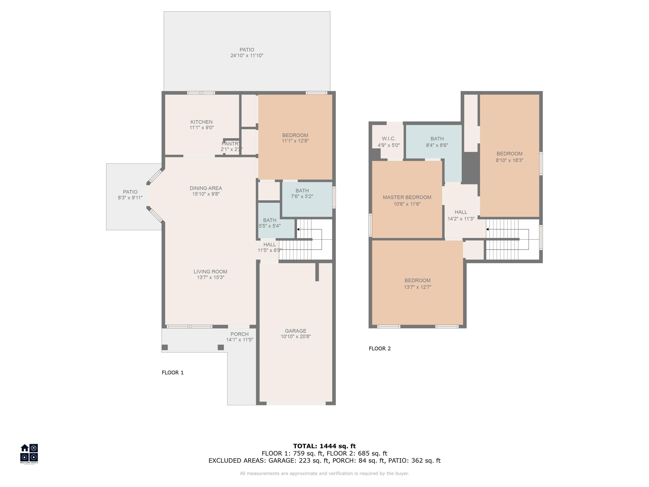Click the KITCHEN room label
pos(201,122)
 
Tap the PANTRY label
pos(231,144)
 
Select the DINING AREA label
pos(206,188)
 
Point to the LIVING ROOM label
pos(210,272)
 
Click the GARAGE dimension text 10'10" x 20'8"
pos(296,337)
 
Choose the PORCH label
pos(239,334)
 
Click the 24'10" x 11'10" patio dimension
pos(247,55)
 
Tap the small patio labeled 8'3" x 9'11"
pos(134,197)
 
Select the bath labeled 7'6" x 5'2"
pos(307,200)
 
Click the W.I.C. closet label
pos(389,139)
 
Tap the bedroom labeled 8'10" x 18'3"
pos(509,156)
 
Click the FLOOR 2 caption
pos(380,348)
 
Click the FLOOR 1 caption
pos(173,372)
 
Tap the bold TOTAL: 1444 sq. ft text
pos(324,446)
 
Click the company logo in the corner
pos(29,454)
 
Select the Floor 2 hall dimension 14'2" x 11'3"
pos(461,219)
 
